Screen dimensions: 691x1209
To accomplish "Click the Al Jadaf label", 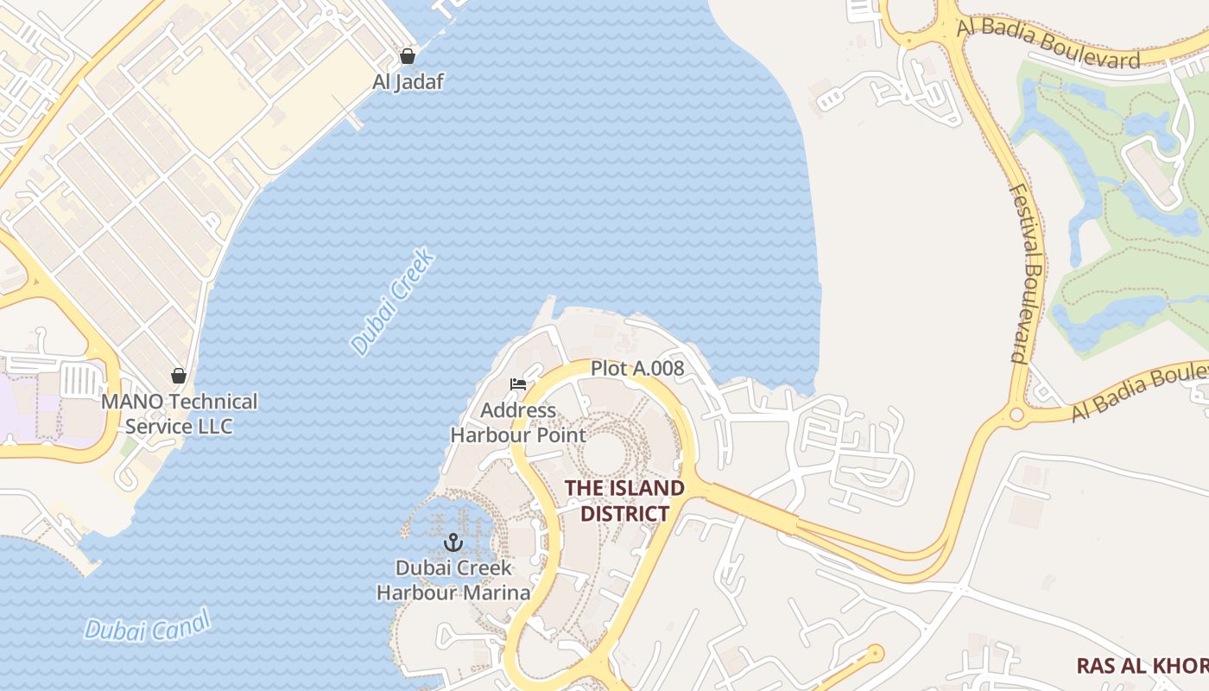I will pos(408,82).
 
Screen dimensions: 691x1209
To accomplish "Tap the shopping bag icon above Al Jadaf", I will pos(408,57).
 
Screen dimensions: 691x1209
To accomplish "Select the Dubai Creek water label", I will pos(394,302).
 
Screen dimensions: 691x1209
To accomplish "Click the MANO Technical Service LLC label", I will pos(180,414).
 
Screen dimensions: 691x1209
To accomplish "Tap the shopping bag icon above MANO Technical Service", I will pos(179,376).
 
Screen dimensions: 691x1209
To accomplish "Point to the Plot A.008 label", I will pos(637,369).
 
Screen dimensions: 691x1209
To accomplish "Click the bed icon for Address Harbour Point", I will pos(518,384).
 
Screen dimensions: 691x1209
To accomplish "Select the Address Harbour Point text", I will pos(518,422).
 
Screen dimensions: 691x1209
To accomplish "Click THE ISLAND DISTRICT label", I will pos(624,501).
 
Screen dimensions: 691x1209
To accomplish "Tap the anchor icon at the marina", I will pos(453,542).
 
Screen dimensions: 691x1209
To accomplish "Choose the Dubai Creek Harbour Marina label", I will pos(453,580).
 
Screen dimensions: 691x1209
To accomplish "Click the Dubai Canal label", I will pos(148,625).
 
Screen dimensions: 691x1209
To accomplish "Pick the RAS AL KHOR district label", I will pos(1142,666).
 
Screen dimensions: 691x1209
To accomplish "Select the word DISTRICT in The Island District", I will pos(624,514).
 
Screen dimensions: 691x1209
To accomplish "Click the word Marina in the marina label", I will pos(498,593).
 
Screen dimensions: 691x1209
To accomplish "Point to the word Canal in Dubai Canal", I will pos(180,621).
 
